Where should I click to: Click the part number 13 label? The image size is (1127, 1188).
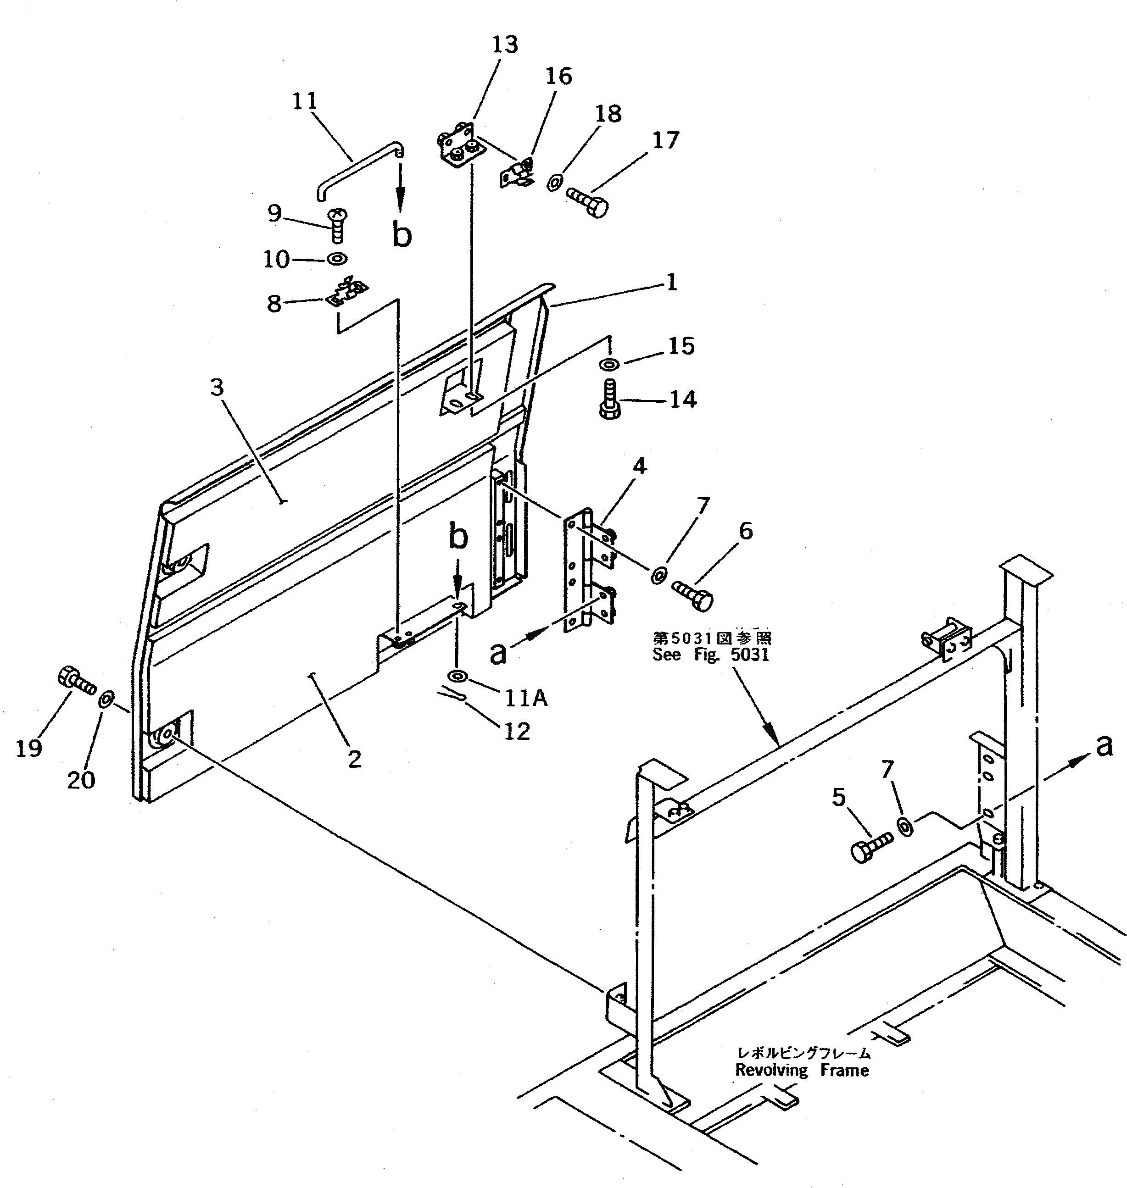click(x=505, y=45)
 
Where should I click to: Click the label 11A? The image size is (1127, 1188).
click(x=526, y=698)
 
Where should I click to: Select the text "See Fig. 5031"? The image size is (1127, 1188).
click(x=711, y=654)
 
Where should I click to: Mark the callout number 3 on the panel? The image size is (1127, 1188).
click(x=217, y=388)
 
